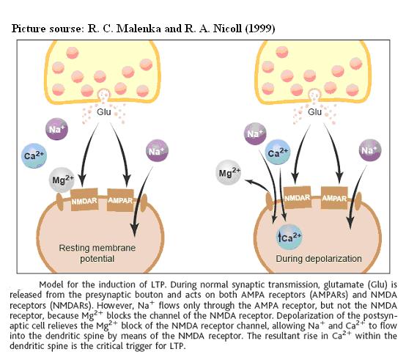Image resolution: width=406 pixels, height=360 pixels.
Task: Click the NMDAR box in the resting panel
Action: pos(84,199)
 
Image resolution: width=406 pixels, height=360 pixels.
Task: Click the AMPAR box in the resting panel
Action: pos(120,200)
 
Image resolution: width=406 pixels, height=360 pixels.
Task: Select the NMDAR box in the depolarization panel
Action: pos(298,197)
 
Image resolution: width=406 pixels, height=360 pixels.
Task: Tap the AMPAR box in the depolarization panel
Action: pos(334,198)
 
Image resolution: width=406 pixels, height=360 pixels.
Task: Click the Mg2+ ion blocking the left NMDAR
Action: pos(62,180)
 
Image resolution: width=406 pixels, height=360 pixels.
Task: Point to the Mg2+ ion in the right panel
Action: pos(229,172)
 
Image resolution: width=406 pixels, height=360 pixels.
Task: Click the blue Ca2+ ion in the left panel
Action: pos(34,155)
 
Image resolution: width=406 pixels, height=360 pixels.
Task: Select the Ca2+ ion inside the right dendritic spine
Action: pos(289,237)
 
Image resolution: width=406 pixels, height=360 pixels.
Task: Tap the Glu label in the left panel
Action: pos(104,112)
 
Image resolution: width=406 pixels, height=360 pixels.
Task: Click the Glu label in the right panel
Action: pos(315,112)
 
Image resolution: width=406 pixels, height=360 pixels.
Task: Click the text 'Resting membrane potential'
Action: pos(97,253)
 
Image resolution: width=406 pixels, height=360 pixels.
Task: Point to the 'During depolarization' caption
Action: pos(319,259)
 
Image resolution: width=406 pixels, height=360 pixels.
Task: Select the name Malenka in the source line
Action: pos(139,29)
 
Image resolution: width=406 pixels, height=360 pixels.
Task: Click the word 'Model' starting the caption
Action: pos(51,284)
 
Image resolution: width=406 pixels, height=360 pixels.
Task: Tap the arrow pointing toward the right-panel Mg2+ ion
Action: pos(258,185)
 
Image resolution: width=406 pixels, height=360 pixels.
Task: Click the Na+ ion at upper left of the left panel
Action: pos(56,129)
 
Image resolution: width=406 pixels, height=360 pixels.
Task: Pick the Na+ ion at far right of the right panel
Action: pos(370,150)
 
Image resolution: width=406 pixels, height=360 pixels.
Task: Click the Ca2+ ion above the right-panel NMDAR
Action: pos(278,153)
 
